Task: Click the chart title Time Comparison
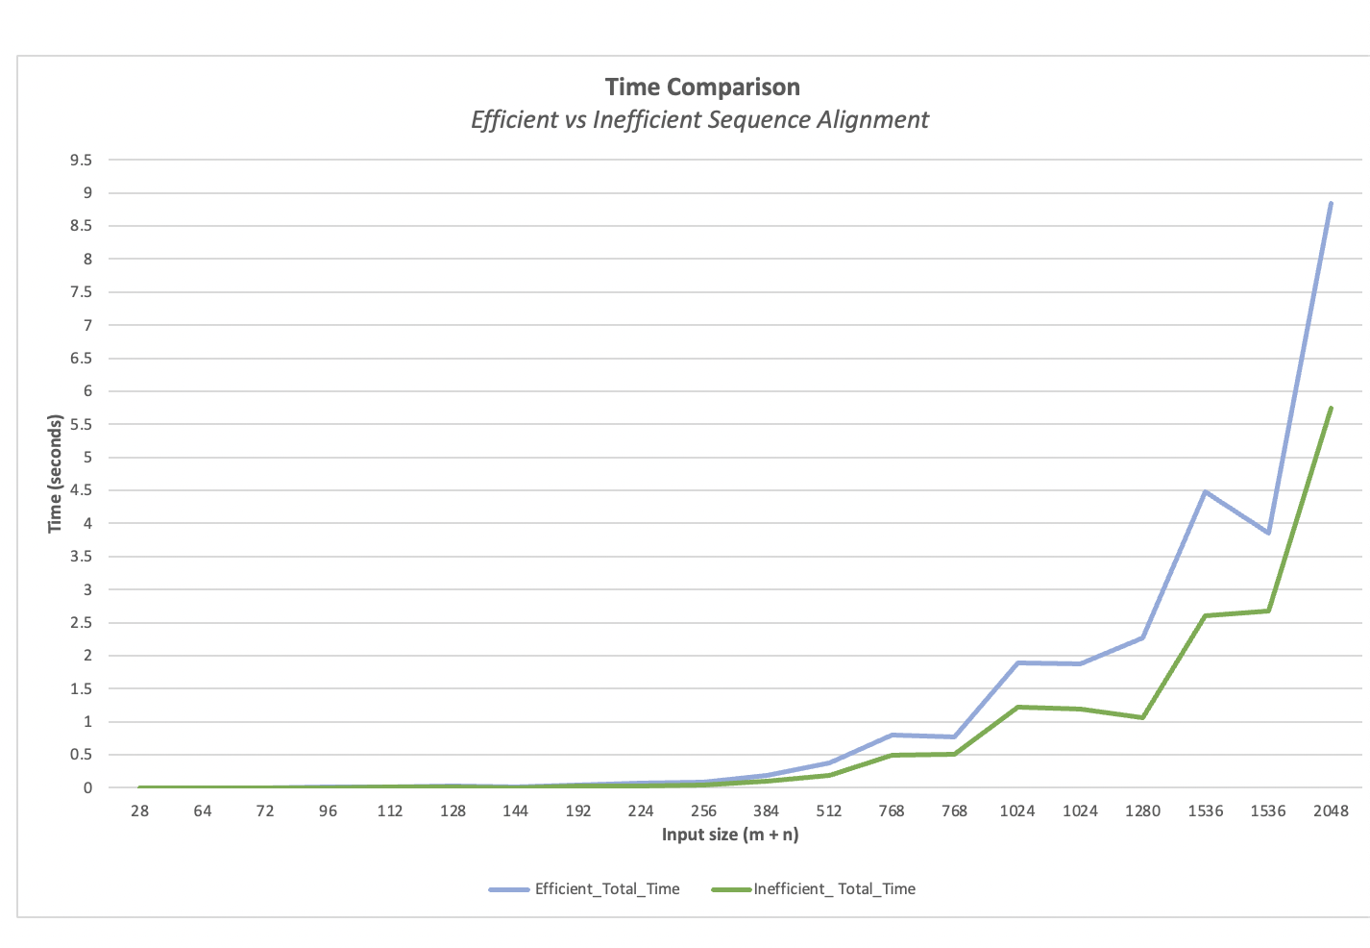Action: tap(702, 87)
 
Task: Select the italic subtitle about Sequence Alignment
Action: tap(699, 120)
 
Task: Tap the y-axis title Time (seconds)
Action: tap(56, 473)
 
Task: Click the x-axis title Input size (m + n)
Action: tap(730, 835)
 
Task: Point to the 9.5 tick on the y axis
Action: tap(81, 161)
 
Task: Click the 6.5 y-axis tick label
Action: tap(81, 359)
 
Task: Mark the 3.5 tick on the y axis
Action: tap(81, 557)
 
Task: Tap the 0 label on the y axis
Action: tap(87, 788)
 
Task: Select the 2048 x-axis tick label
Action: tap(1331, 811)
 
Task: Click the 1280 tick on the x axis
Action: tap(1142, 811)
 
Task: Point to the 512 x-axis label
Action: tap(829, 811)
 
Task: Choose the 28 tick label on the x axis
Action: tap(139, 811)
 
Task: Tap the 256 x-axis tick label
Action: tap(703, 811)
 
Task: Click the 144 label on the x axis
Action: tap(516, 811)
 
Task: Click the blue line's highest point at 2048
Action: tap(1331, 203)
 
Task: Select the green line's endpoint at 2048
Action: tap(1331, 408)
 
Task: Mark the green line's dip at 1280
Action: tap(1142, 717)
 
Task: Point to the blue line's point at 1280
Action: tap(1142, 637)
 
